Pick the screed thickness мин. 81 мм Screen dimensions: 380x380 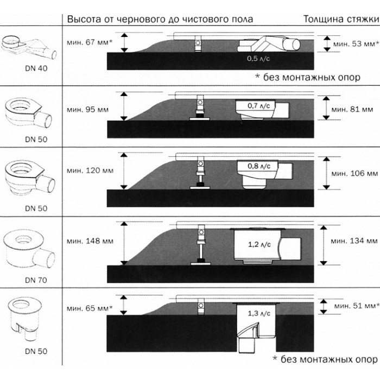pos(353,110)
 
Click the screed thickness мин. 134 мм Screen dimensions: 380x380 pos(355,240)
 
